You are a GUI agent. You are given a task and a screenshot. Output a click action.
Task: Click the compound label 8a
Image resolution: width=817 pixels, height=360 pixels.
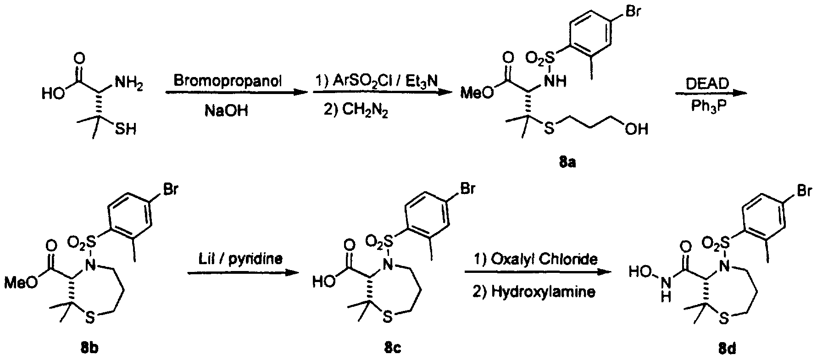[x=567, y=162]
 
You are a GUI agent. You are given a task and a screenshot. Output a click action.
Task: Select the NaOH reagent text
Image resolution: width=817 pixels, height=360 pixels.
[x=226, y=111]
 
